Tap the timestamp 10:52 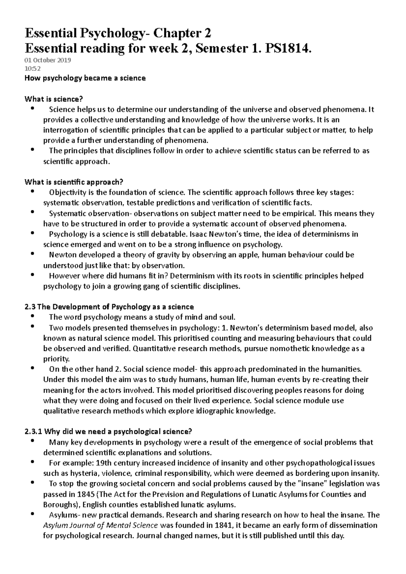pyautogui.click(x=32, y=69)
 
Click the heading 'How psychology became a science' pyautogui.click(x=85, y=78)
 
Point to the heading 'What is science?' pyautogui.click(x=54, y=99)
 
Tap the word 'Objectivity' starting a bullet pyautogui.click(x=66, y=193)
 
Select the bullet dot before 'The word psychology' pyautogui.click(x=32, y=316)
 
